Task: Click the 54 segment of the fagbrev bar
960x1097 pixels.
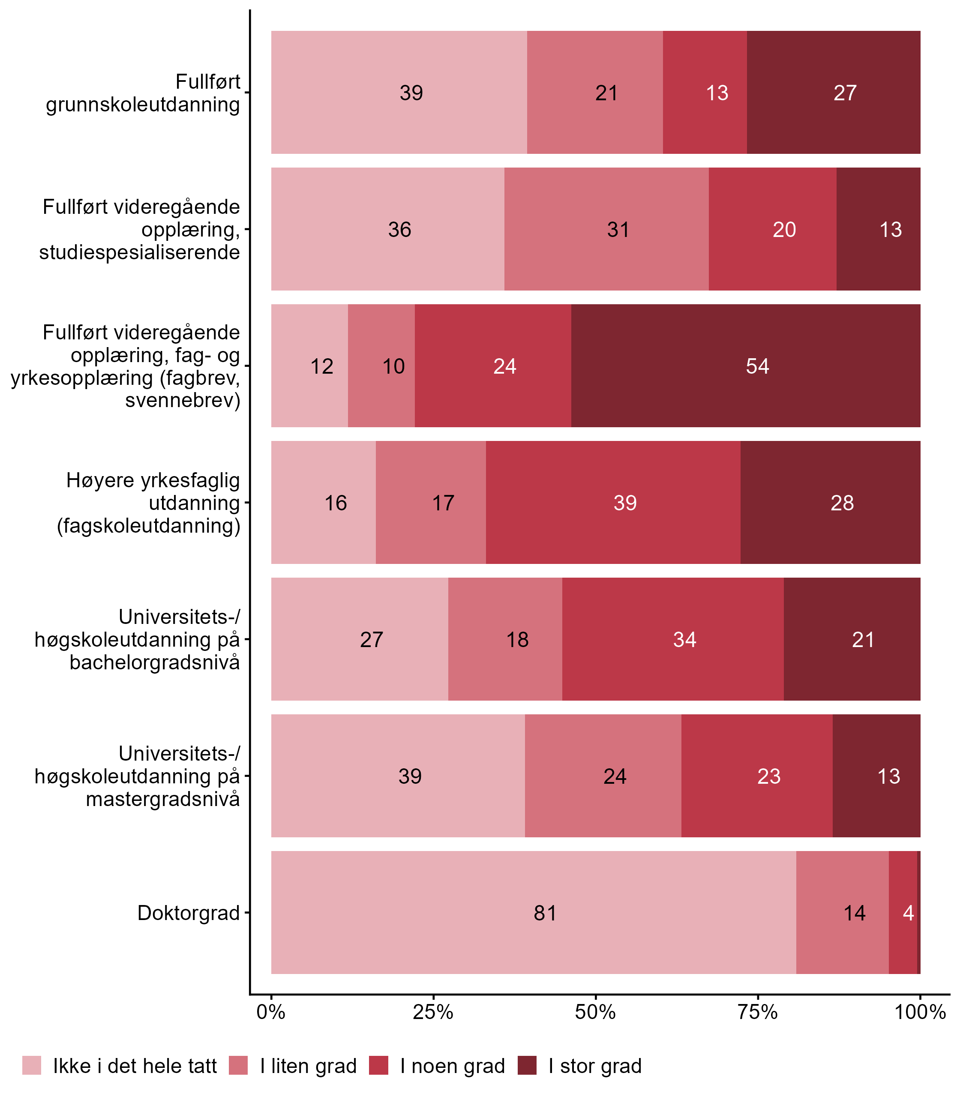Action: pyautogui.click(x=757, y=366)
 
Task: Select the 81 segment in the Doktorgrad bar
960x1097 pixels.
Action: pyautogui.click(x=545, y=913)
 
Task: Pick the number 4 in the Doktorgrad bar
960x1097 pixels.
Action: pyautogui.click(x=908, y=913)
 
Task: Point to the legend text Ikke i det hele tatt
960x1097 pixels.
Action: pyautogui.click(x=135, y=1066)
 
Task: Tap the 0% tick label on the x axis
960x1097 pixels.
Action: pyautogui.click(x=271, y=1012)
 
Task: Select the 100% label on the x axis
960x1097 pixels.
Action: pyautogui.click(x=920, y=1012)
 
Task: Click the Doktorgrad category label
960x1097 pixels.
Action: pyautogui.click(x=189, y=913)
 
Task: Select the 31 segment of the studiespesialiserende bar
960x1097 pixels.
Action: pyautogui.click(x=618, y=230)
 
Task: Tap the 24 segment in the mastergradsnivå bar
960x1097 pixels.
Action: pyautogui.click(x=615, y=776)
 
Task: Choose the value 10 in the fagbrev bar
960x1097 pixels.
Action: pyautogui.click(x=393, y=366)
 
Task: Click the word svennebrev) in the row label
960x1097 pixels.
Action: pyautogui.click(x=183, y=400)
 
